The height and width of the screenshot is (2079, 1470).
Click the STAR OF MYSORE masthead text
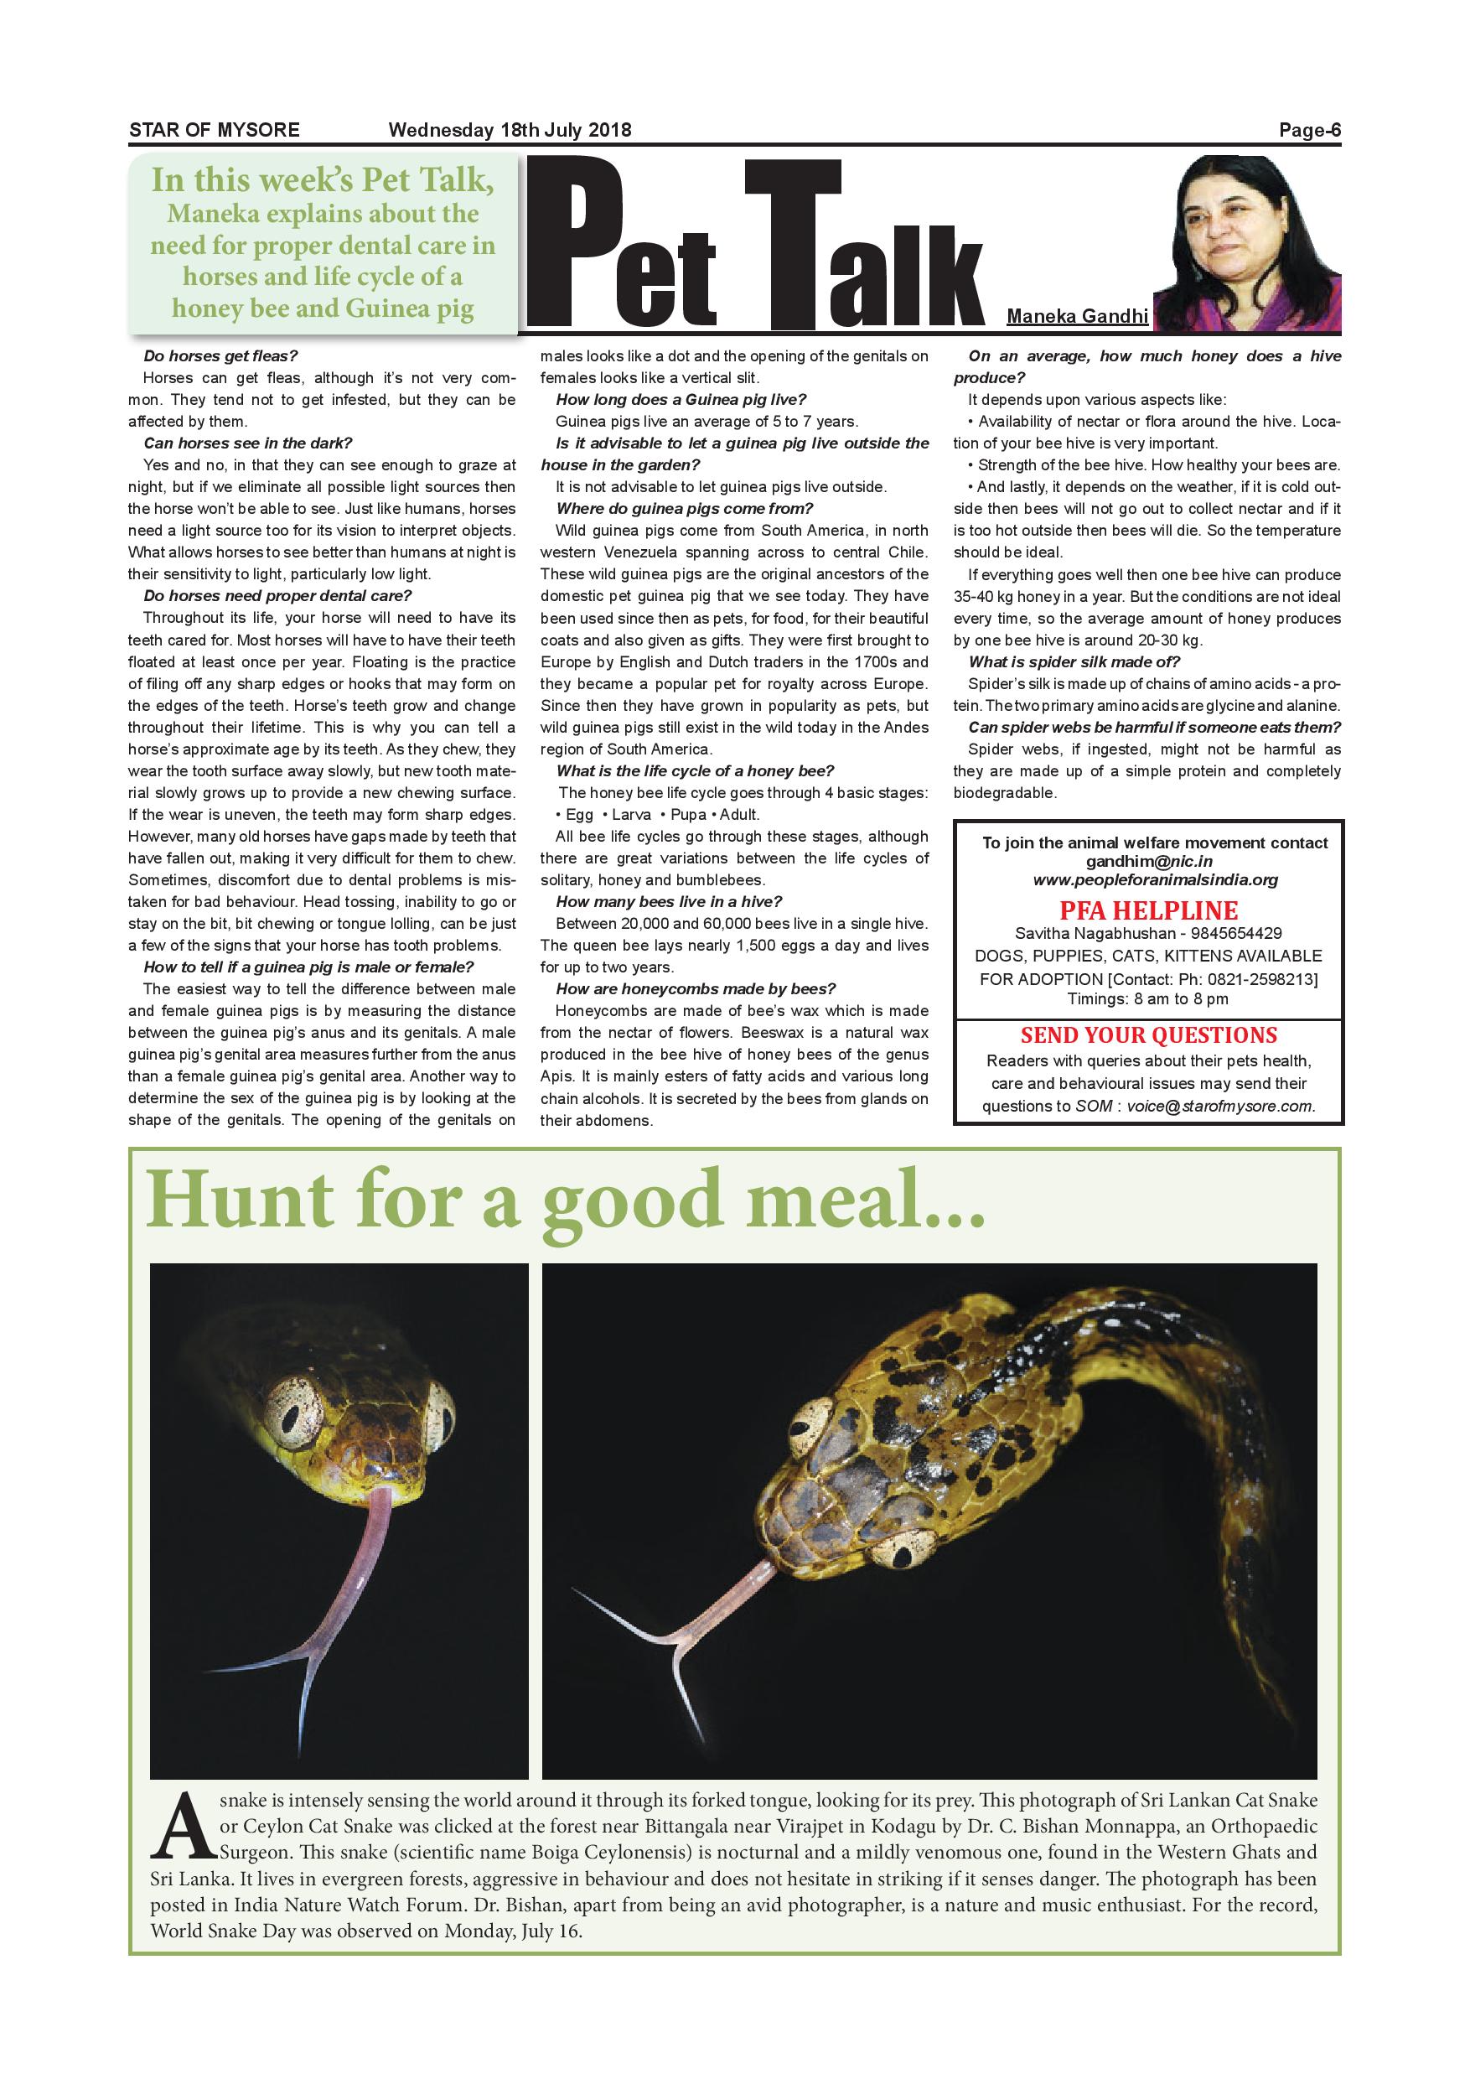pos(214,131)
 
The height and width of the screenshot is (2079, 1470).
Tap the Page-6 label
pos(1309,131)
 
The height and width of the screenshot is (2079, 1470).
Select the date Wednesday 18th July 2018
pos(510,131)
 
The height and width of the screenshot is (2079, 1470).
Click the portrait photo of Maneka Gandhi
pos(1248,242)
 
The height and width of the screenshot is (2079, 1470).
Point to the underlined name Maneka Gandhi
pos(1077,316)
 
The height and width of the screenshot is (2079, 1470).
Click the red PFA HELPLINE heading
pos(1149,910)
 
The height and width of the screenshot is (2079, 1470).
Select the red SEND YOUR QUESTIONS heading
pos(1149,1035)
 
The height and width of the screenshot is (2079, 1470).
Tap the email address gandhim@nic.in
pos(1149,862)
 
